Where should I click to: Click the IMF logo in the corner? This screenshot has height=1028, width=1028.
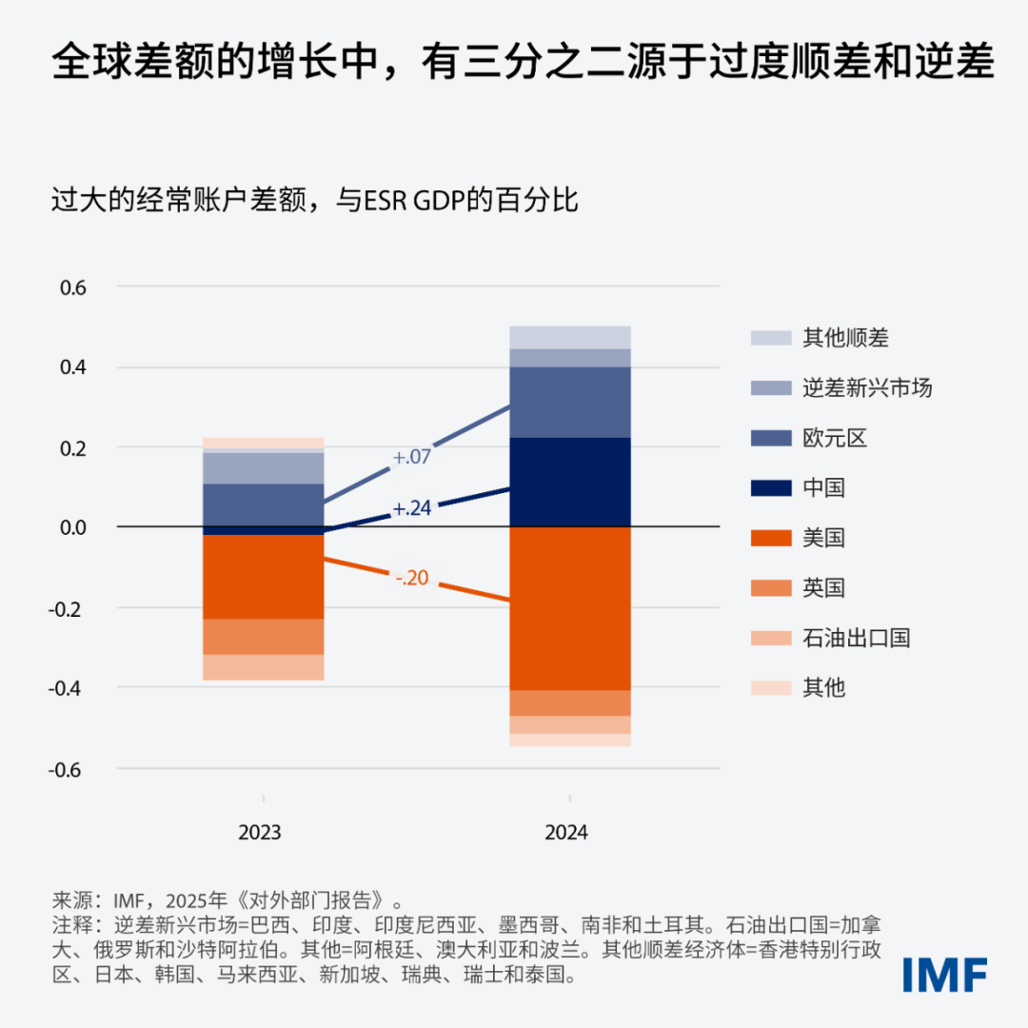945,974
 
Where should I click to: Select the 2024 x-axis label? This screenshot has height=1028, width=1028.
566,833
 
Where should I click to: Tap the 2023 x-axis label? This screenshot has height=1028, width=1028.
260,833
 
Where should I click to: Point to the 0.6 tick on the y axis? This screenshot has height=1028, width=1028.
72,287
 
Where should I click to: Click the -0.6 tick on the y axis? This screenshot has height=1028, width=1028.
69,768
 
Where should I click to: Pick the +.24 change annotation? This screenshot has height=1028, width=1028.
411,509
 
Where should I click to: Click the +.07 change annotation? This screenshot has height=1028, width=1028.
411,458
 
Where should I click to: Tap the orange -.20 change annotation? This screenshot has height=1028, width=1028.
411,577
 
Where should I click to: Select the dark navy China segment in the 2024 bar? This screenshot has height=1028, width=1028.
570,482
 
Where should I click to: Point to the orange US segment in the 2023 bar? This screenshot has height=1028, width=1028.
264,577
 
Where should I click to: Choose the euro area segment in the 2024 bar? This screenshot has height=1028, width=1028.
570,402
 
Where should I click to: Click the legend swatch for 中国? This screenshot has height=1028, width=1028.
771,488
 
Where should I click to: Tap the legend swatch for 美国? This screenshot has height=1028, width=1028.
771,538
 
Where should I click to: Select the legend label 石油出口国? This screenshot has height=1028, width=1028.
856,638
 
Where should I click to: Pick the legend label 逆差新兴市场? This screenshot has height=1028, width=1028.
866,387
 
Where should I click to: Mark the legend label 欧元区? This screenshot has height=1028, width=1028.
835,438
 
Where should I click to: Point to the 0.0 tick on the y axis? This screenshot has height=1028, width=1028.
72,527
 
